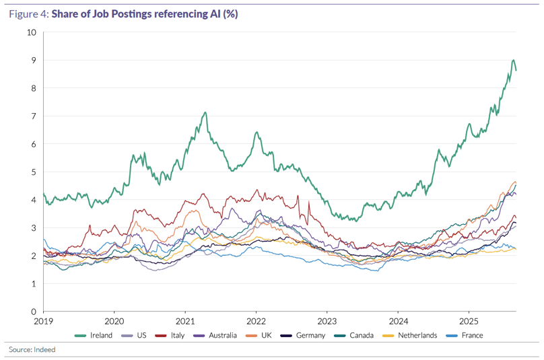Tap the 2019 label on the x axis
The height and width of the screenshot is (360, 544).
[x=43, y=322]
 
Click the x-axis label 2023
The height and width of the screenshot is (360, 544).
[x=327, y=322]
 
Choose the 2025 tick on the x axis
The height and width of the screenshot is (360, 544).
[x=469, y=322]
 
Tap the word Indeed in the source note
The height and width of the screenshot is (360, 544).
[x=45, y=350]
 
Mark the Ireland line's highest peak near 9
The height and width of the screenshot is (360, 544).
[x=514, y=60]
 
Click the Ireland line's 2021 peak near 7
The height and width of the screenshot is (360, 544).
[x=205, y=112]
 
